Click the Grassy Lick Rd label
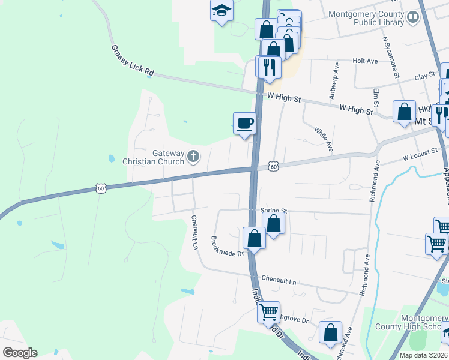tap(133, 61)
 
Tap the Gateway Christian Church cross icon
tap(193, 157)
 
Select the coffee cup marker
tap(244, 124)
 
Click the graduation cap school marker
tap(221, 11)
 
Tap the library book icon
tap(412, 17)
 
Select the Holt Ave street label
tap(365, 61)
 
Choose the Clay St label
tap(424, 77)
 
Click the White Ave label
tap(323, 137)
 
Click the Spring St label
tap(274, 211)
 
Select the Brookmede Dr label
tap(227, 245)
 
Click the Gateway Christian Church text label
tap(154, 157)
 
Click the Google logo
tap(19, 353)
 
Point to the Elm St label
tap(376, 98)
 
